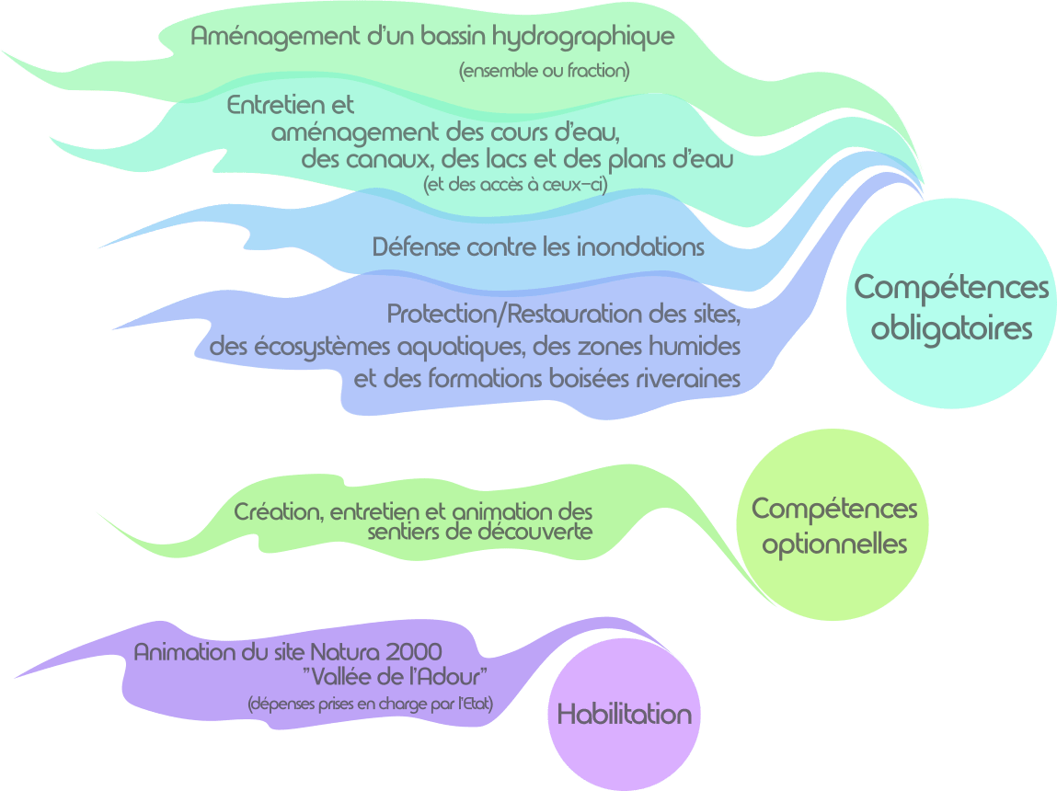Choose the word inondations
point(634,247)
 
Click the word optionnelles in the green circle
point(835,544)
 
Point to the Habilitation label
point(624,715)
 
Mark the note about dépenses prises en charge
point(371,705)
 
